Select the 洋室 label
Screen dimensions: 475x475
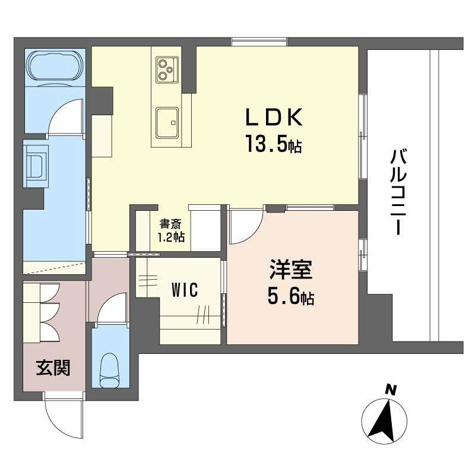[x=289, y=272]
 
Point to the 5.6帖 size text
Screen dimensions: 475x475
[x=290, y=297]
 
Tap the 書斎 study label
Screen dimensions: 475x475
[x=170, y=224]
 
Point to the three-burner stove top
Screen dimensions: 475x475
[x=166, y=69]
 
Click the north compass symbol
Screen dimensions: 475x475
[x=385, y=418]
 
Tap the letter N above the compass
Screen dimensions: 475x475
[x=391, y=390]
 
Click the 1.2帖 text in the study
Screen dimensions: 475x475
[x=170, y=237]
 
